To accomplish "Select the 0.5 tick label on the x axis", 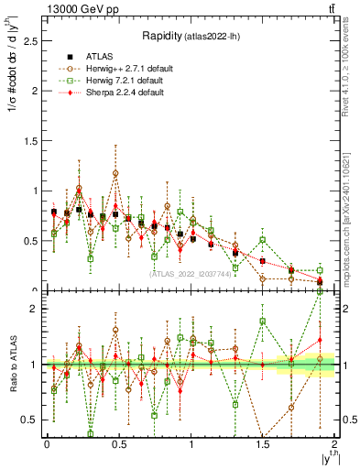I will (x=118, y=443).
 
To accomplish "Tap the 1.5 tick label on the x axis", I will (x=262, y=443).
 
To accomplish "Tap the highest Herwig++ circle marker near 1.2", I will (x=116, y=173).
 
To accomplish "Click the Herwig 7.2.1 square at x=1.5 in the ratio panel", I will (x=263, y=322).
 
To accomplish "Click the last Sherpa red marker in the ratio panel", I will (x=321, y=340).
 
